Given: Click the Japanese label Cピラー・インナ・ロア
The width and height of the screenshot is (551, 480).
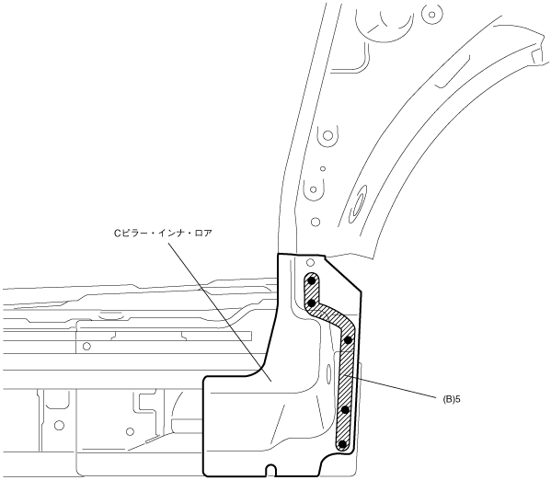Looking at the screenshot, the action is click(163, 233).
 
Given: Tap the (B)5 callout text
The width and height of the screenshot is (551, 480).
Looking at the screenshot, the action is click(452, 399).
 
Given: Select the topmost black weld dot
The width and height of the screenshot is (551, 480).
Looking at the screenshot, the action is click(311, 280).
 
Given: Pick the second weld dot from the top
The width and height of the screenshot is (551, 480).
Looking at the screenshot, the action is click(311, 303).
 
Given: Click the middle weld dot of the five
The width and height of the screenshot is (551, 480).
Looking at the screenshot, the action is click(349, 340).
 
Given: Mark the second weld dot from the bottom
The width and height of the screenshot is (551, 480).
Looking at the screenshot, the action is click(345, 409).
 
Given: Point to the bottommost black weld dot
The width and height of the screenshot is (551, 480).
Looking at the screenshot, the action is click(341, 444).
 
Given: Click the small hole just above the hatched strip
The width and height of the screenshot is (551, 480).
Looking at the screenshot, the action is click(310, 262).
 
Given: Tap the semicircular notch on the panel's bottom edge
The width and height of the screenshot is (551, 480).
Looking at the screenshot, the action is click(271, 470).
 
